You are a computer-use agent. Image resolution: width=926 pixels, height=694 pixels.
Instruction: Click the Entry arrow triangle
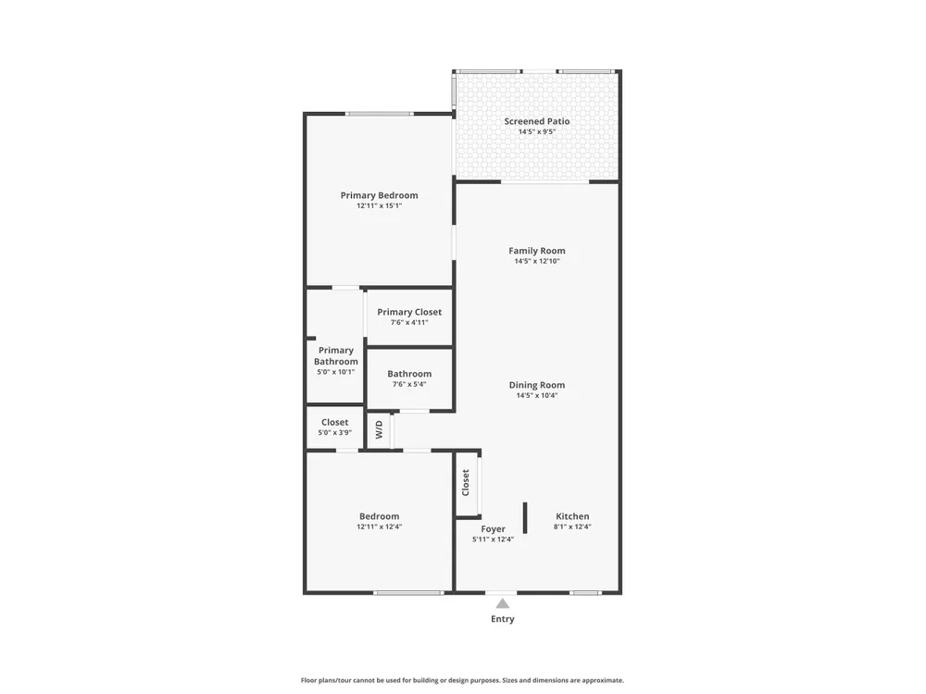[503, 603]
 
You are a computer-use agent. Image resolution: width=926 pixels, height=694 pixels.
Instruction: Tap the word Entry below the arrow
[503, 619]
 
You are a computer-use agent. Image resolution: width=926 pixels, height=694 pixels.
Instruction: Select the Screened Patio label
[537, 121]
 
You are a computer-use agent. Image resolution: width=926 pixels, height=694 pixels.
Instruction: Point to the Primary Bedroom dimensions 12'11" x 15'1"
[379, 206]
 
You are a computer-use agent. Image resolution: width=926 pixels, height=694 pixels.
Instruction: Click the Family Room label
[537, 251]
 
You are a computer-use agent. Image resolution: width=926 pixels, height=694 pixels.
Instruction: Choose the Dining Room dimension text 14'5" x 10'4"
[537, 395]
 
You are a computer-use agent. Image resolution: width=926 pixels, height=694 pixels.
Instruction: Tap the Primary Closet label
[409, 312]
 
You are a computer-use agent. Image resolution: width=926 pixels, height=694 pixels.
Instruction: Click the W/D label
[379, 429]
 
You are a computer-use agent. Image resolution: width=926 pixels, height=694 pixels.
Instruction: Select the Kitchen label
[572, 516]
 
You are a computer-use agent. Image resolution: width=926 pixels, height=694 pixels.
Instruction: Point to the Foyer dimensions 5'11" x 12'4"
[494, 539]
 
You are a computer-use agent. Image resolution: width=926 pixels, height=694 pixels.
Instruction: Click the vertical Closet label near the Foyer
[466, 483]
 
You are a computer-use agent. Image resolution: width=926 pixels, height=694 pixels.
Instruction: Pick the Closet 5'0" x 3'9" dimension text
[335, 432]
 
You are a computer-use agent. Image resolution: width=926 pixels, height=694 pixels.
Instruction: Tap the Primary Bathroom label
[335, 356]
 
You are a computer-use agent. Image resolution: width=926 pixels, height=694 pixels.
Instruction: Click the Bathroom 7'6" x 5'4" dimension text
[409, 384]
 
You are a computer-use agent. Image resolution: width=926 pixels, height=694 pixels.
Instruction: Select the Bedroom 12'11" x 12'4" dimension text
[379, 527]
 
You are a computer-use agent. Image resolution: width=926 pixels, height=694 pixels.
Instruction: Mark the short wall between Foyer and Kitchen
[525, 518]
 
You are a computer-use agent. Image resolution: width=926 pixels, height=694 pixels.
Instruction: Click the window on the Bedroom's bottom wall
[408, 592]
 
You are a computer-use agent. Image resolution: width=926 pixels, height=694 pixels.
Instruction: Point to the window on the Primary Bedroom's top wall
[379, 114]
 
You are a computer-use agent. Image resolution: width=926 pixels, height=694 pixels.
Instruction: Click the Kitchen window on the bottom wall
[585, 592]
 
